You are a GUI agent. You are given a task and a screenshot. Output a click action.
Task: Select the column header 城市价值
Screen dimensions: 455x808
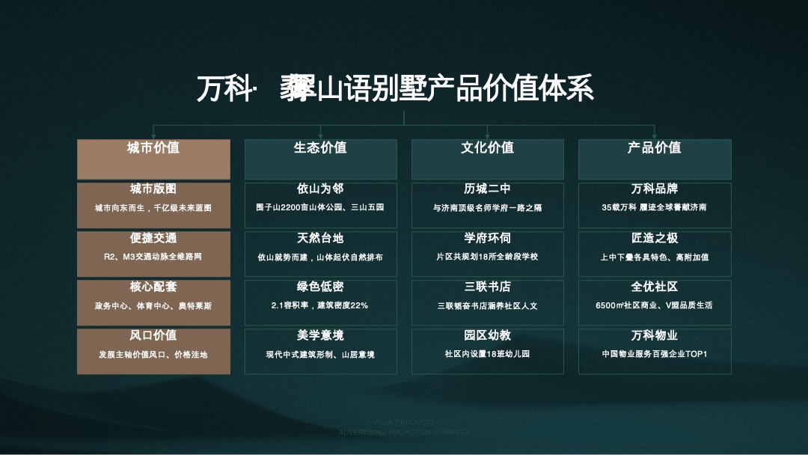tap(153, 147)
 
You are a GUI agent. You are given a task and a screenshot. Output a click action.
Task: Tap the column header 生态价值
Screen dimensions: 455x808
tap(320, 147)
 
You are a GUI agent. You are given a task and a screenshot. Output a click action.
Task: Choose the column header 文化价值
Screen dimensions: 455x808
tap(487, 147)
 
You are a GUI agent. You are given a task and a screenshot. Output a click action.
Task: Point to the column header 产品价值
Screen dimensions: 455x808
tap(654, 147)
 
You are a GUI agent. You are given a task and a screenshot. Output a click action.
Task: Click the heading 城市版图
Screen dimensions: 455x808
tap(153, 189)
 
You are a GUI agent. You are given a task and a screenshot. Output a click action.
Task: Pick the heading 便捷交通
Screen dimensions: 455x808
tap(153, 238)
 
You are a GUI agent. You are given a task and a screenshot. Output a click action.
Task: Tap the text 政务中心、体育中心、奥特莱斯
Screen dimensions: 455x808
tap(153, 305)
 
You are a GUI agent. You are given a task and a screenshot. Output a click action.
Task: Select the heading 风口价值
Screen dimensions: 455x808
tap(153, 335)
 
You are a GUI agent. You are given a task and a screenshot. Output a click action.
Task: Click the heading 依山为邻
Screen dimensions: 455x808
tap(320, 189)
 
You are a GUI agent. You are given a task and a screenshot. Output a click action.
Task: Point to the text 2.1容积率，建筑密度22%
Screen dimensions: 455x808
tap(320, 305)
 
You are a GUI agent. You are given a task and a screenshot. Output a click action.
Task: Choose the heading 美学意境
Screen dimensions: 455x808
tap(320, 335)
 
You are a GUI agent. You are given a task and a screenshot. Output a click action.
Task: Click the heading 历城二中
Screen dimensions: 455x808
tap(487, 189)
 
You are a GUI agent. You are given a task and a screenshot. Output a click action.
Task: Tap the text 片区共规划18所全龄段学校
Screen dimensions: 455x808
tap(487, 257)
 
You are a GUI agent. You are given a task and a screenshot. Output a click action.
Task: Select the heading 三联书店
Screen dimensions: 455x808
tap(487, 287)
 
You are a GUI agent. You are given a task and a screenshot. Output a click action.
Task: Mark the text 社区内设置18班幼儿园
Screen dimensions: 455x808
tap(487, 354)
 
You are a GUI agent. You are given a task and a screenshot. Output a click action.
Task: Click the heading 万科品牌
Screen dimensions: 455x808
tap(654, 189)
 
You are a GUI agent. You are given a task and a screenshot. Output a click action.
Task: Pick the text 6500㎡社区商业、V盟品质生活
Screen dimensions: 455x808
tap(654, 305)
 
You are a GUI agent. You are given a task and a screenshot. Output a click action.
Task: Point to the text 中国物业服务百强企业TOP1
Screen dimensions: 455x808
tap(654, 354)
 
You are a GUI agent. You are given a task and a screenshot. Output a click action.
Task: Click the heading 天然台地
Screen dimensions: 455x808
tap(320, 238)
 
